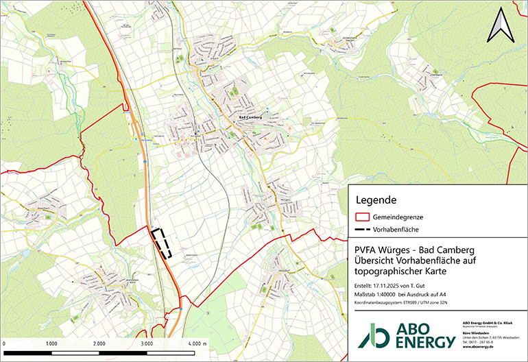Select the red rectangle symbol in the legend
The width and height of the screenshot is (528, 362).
click(x=362, y=216)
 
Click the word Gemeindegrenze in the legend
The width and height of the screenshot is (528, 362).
click(x=398, y=216)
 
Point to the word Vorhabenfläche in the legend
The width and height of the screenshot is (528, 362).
click(x=396, y=230)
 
